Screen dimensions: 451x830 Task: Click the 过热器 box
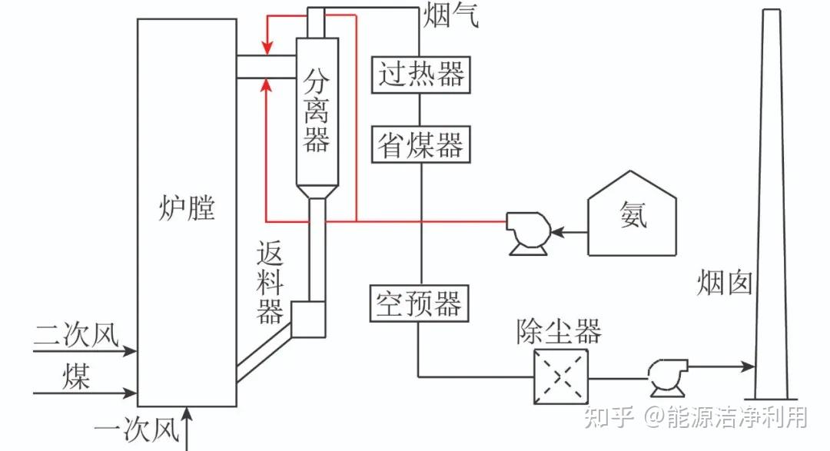pos(421,75)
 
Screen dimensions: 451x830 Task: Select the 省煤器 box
pos(421,144)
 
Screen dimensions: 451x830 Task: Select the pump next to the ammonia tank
pos(527,231)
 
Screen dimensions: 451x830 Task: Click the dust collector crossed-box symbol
pos(562,376)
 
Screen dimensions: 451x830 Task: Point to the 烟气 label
pos(451,15)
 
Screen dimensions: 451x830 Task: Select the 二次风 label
pos(77,336)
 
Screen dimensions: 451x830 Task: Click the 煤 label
pos(78,377)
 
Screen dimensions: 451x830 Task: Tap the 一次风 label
pos(136,429)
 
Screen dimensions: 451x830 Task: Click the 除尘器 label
pos(559,332)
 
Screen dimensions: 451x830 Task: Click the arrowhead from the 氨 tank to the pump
pos(557,230)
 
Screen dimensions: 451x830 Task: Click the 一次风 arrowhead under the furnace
pos(188,416)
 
